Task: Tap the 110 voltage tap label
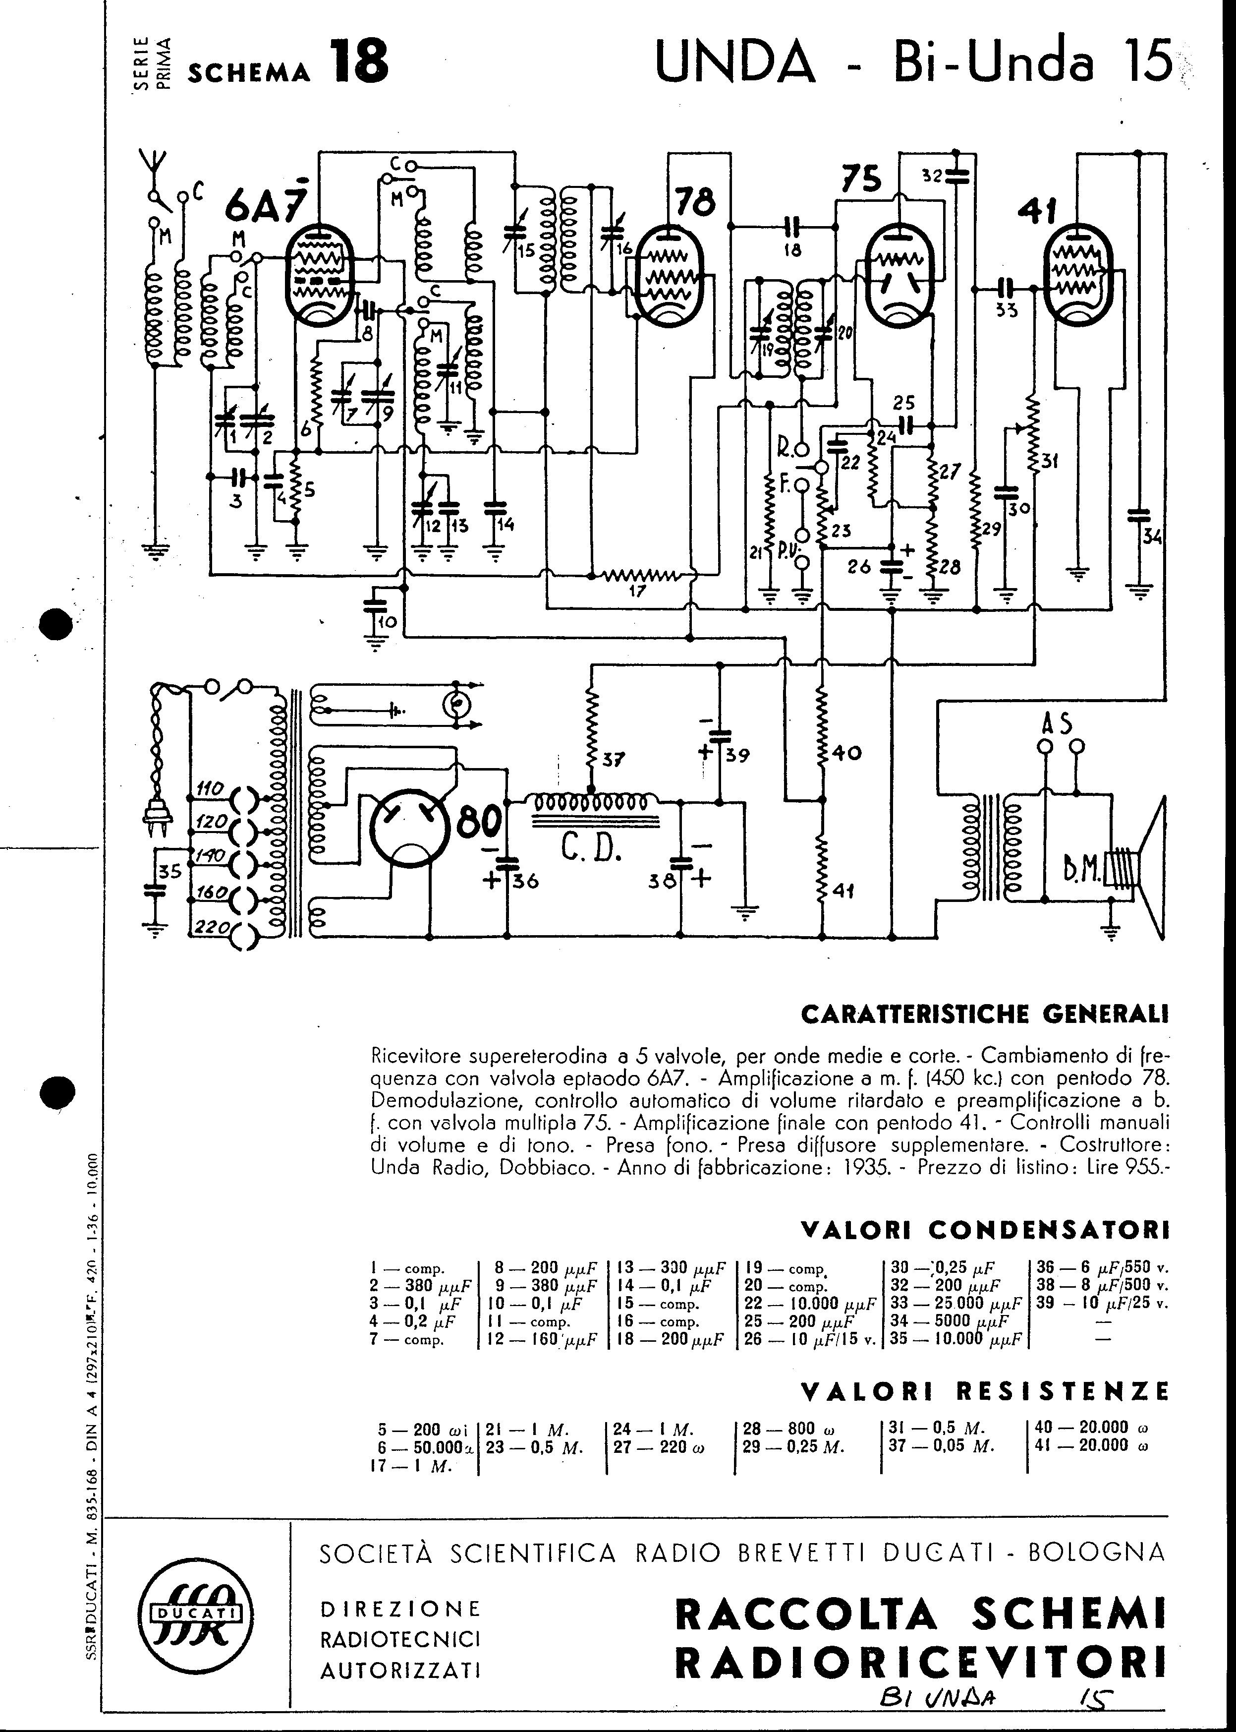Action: (x=209, y=789)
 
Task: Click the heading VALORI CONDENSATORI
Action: (x=984, y=1230)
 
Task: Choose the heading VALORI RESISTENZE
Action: (x=985, y=1391)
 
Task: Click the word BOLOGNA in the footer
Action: (x=1096, y=1551)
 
